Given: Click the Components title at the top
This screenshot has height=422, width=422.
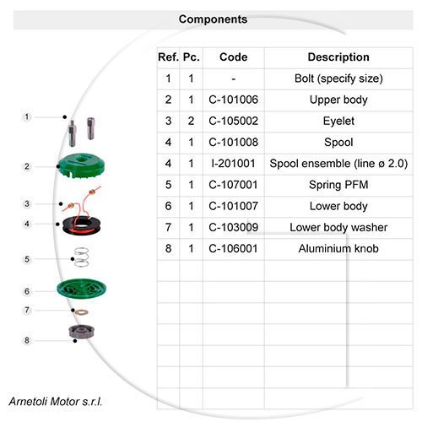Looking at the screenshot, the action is [x=213, y=19].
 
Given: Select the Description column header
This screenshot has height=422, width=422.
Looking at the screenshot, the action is [x=338, y=57].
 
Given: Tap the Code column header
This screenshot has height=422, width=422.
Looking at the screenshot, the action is [x=234, y=57].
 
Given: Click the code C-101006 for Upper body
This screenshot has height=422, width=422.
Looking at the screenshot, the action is [x=233, y=100].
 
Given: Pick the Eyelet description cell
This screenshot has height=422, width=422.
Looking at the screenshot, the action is [x=338, y=122].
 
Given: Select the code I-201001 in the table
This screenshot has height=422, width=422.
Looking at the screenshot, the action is [x=233, y=164].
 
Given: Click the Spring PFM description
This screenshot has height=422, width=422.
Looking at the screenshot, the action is [x=338, y=185].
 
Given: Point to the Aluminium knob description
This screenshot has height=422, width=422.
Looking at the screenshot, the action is [x=338, y=249].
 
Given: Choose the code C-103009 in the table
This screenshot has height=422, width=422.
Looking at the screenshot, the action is [x=233, y=227].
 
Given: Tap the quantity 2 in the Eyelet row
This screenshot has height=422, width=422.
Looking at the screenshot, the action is [x=191, y=121].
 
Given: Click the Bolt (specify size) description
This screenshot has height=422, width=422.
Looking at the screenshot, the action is [x=338, y=78].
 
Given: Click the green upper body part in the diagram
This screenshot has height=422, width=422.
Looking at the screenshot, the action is [x=81, y=165].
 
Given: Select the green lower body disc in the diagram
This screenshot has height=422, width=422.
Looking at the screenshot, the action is [x=81, y=289].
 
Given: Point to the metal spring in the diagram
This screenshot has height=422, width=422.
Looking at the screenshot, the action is [x=82, y=257].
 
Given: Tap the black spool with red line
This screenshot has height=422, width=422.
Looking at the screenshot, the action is [x=82, y=225].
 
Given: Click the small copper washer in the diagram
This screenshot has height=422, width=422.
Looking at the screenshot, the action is [x=82, y=312].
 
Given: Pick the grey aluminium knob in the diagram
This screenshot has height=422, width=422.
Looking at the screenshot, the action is [x=82, y=332].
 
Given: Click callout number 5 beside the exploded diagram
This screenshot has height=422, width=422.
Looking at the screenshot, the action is [x=27, y=259].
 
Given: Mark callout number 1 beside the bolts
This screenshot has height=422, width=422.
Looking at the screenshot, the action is [x=27, y=116].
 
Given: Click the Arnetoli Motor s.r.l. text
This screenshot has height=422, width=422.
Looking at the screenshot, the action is [x=56, y=402].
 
